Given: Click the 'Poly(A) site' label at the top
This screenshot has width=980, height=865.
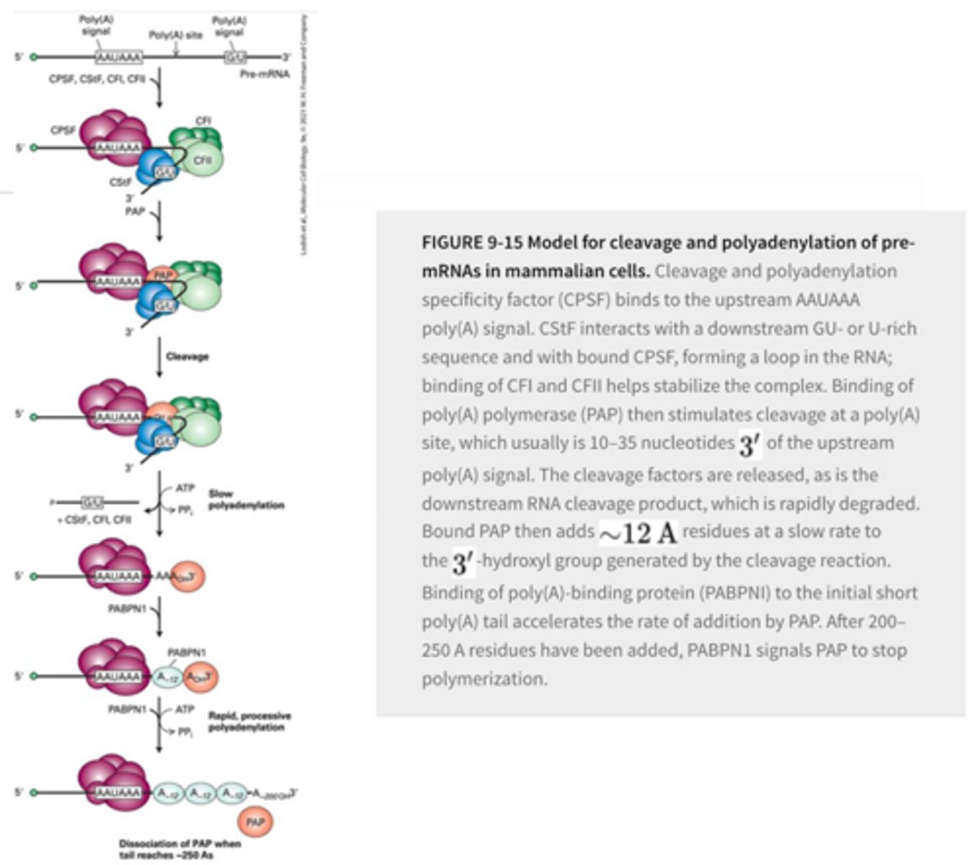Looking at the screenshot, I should pos(175,35).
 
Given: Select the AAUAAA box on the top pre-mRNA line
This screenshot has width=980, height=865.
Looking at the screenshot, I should pos(119,57).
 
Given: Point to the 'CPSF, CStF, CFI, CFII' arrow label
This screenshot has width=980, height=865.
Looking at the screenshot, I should pos(98,79).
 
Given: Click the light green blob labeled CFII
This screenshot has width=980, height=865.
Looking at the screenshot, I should pos(202,161).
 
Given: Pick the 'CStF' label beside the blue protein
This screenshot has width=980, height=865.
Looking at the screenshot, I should pos(120,182).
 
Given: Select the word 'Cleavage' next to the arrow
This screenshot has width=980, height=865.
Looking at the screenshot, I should pos(187,356).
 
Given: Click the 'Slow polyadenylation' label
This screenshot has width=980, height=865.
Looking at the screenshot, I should pos(246,500).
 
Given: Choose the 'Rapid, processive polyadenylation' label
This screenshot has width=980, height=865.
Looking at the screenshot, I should pos(249,722).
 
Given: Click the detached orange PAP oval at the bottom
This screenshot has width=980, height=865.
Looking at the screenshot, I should pos(255,822).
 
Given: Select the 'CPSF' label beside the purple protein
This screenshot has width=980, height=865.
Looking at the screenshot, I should pos(63,130).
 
